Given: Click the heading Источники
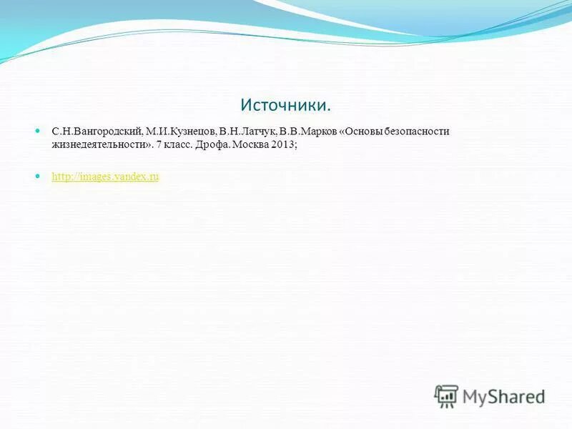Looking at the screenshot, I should coord(286,105).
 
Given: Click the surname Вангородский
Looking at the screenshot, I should coord(107,132).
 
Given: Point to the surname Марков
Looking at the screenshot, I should coord(318,132).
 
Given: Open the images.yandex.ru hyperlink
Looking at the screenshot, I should coord(105,177).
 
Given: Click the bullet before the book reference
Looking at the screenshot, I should coord(39,132).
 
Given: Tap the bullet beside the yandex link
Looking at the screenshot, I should coord(39,176).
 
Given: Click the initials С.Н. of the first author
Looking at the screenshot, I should coord(61,132).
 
